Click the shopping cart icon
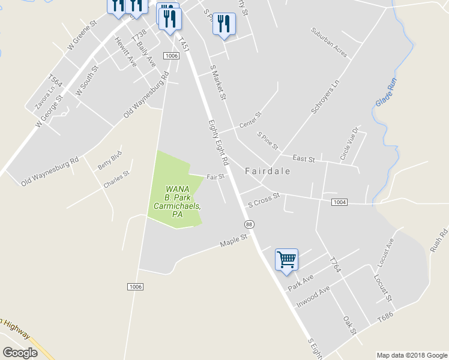coord(286,260)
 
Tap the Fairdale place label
coord(268,171)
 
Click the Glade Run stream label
coord(386,92)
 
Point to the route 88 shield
coord(249,224)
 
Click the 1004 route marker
coord(339,202)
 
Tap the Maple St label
coord(234,241)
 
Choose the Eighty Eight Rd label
coord(218,142)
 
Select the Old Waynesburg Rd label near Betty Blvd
coord(50,172)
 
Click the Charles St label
coord(116,180)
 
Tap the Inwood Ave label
coord(313,297)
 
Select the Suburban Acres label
coord(330,43)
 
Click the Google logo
coord(20,353)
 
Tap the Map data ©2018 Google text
coord(411,355)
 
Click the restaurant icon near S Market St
coord(224,24)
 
